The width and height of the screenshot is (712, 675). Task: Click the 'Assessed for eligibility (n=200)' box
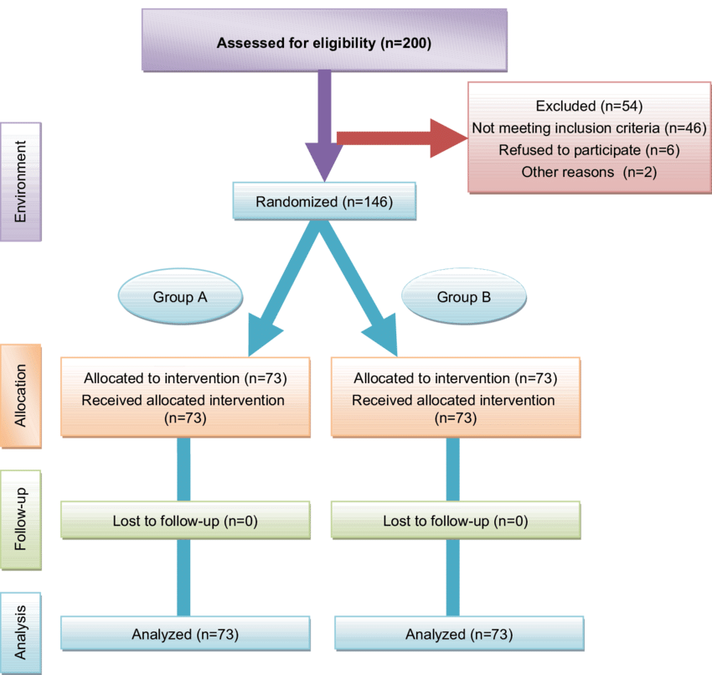323,43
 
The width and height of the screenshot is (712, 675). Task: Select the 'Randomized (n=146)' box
323,202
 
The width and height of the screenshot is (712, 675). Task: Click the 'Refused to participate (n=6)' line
588,150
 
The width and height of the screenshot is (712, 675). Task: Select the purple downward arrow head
323,159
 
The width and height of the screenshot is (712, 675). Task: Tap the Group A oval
180,297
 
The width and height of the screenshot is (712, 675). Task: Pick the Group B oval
464,297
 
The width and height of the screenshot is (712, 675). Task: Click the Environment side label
21,181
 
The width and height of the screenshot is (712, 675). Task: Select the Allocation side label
21,396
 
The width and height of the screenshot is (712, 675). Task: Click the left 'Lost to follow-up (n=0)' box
185,521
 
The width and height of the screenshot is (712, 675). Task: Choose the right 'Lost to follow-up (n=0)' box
456,521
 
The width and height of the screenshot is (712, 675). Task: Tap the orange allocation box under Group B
456,397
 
